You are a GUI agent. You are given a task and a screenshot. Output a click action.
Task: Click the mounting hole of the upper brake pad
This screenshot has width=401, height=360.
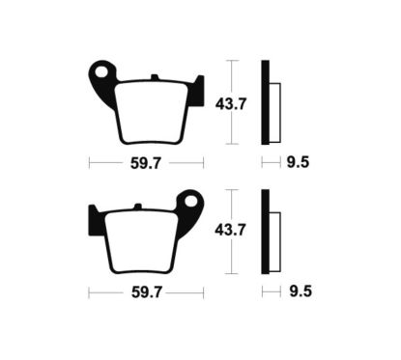click(x=101, y=71)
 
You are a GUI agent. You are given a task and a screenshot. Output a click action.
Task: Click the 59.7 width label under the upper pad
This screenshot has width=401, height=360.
click(x=146, y=163)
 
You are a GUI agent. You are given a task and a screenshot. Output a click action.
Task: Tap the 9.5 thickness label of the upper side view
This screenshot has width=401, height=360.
click(x=299, y=163)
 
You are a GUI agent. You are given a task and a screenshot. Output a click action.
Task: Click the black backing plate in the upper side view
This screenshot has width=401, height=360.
click(x=266, y=100)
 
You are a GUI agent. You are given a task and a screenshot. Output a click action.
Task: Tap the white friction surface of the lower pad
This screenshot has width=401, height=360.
click(x=145, y=241)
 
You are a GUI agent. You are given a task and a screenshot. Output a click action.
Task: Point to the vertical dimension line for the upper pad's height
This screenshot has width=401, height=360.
click(x=229, y=72)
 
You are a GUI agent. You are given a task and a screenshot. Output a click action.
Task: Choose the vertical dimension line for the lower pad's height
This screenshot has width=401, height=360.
click(x=229, y=203)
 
